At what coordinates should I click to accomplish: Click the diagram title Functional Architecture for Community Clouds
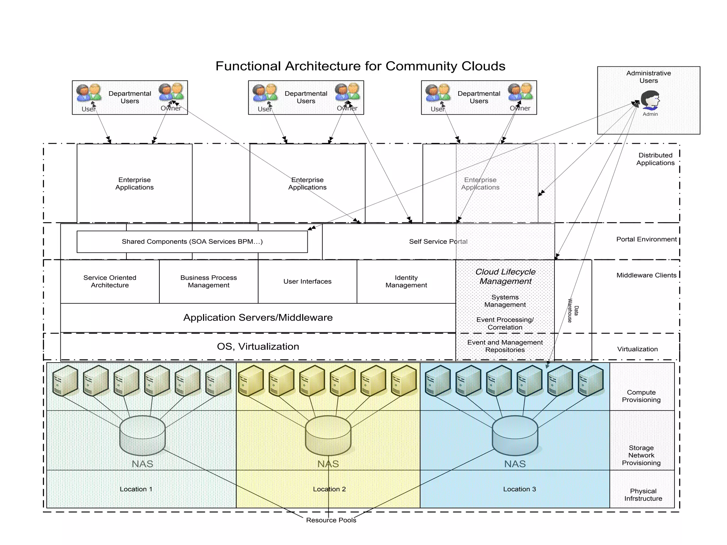tap(360, 66)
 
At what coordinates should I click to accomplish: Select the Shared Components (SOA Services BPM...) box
tap(192, 242)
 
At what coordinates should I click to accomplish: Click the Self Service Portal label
tap(438, 242)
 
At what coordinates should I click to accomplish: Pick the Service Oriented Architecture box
tap(110, 281)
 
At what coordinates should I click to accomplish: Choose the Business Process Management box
tap(208, 281)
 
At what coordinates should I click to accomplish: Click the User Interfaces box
tap(307, 281)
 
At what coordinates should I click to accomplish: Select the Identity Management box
tap(406, 281)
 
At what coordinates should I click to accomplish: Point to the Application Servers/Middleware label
tap(258, 318)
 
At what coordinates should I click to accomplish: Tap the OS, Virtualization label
tap(258, 347)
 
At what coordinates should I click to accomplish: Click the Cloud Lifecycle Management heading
tap(505, 276)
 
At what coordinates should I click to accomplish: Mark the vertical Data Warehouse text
tap(573, 310)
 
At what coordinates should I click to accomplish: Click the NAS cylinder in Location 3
tap(515, 436)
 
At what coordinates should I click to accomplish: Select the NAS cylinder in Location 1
tap(142, 436)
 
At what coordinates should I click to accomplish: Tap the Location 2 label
tap(329, 489)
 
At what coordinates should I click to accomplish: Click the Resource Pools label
tap(331, 520)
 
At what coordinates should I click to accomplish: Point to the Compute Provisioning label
tap(641, 396)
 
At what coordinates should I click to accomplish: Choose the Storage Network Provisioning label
tap(641, 455)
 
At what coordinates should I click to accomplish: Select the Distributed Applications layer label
tap(655, 159)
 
